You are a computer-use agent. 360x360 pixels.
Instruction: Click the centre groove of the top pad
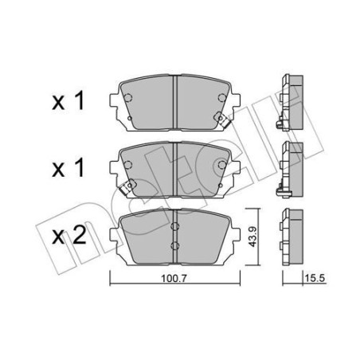pyautogui.click(x=173, y=100)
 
